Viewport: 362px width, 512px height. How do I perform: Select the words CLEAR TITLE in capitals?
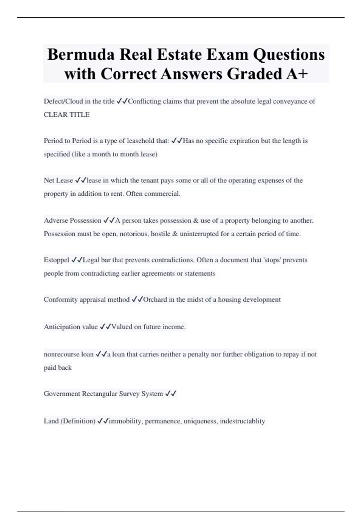pyautogui.click(x=67, y=115)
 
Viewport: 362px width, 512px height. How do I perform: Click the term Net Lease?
pyautogui.click(x=58, y=180)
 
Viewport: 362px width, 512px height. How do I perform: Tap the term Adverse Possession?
pyautogui.click(x=72, y=220)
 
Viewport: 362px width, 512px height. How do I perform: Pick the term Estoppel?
pyautogui.click(x=56, y=260)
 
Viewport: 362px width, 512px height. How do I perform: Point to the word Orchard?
pyautogui.click(x=155, y=300)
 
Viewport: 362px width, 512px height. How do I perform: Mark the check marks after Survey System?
pyautogui.click(x=171, y=394)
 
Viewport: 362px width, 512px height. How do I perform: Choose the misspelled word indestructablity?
pyautogui.click(x=242, y=421)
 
